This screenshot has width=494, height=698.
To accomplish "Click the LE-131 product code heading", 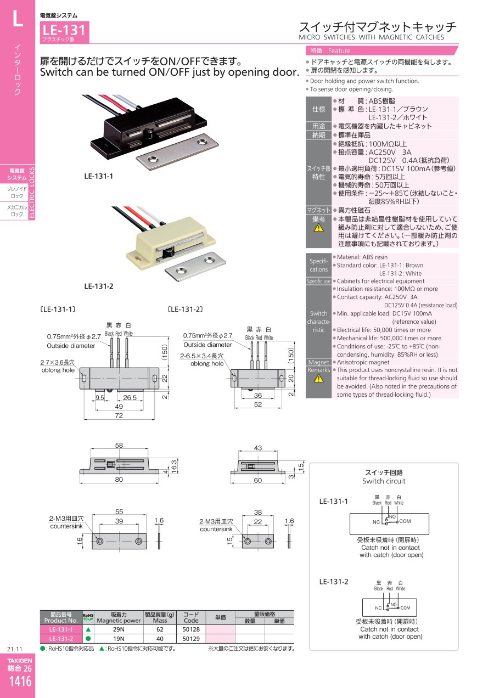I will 63,30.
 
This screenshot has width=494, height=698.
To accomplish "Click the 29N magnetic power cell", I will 119,629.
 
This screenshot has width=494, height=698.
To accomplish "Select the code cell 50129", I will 191,639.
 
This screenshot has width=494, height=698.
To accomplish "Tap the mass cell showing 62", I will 160,629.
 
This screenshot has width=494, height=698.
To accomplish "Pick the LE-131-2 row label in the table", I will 61,639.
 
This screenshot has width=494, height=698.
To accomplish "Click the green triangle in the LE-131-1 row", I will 88,629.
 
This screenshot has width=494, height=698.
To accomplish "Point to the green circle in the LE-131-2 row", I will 88,639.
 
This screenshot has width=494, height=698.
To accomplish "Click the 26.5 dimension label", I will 130,397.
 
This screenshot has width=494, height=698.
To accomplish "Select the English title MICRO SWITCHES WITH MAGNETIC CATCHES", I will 371,37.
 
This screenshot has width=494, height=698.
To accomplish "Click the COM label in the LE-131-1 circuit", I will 405,521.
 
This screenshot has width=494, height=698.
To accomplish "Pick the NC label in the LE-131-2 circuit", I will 378,608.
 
